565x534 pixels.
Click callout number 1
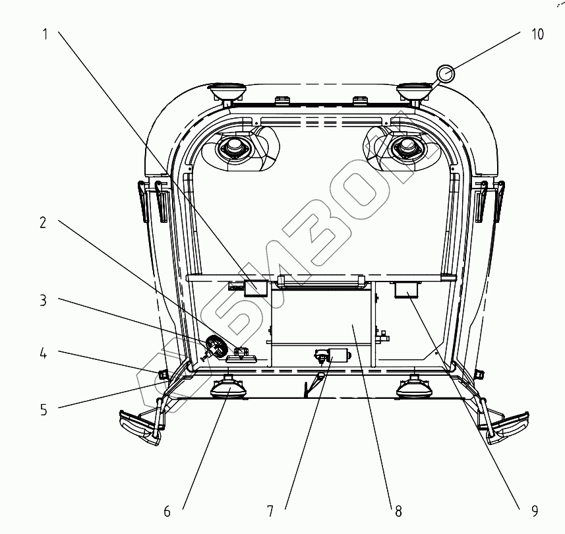point(45,34)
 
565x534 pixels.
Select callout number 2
point(43,223)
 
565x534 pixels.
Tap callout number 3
point(43,301)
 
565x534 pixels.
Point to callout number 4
point(43,354)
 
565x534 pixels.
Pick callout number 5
point(43,409)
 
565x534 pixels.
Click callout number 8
point(398,510)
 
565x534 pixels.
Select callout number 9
point(534,510)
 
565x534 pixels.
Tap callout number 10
point(537,34)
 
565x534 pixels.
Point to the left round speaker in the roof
point(234,148)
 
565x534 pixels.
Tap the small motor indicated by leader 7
point(338,356)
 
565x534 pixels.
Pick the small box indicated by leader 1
point(256,288)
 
